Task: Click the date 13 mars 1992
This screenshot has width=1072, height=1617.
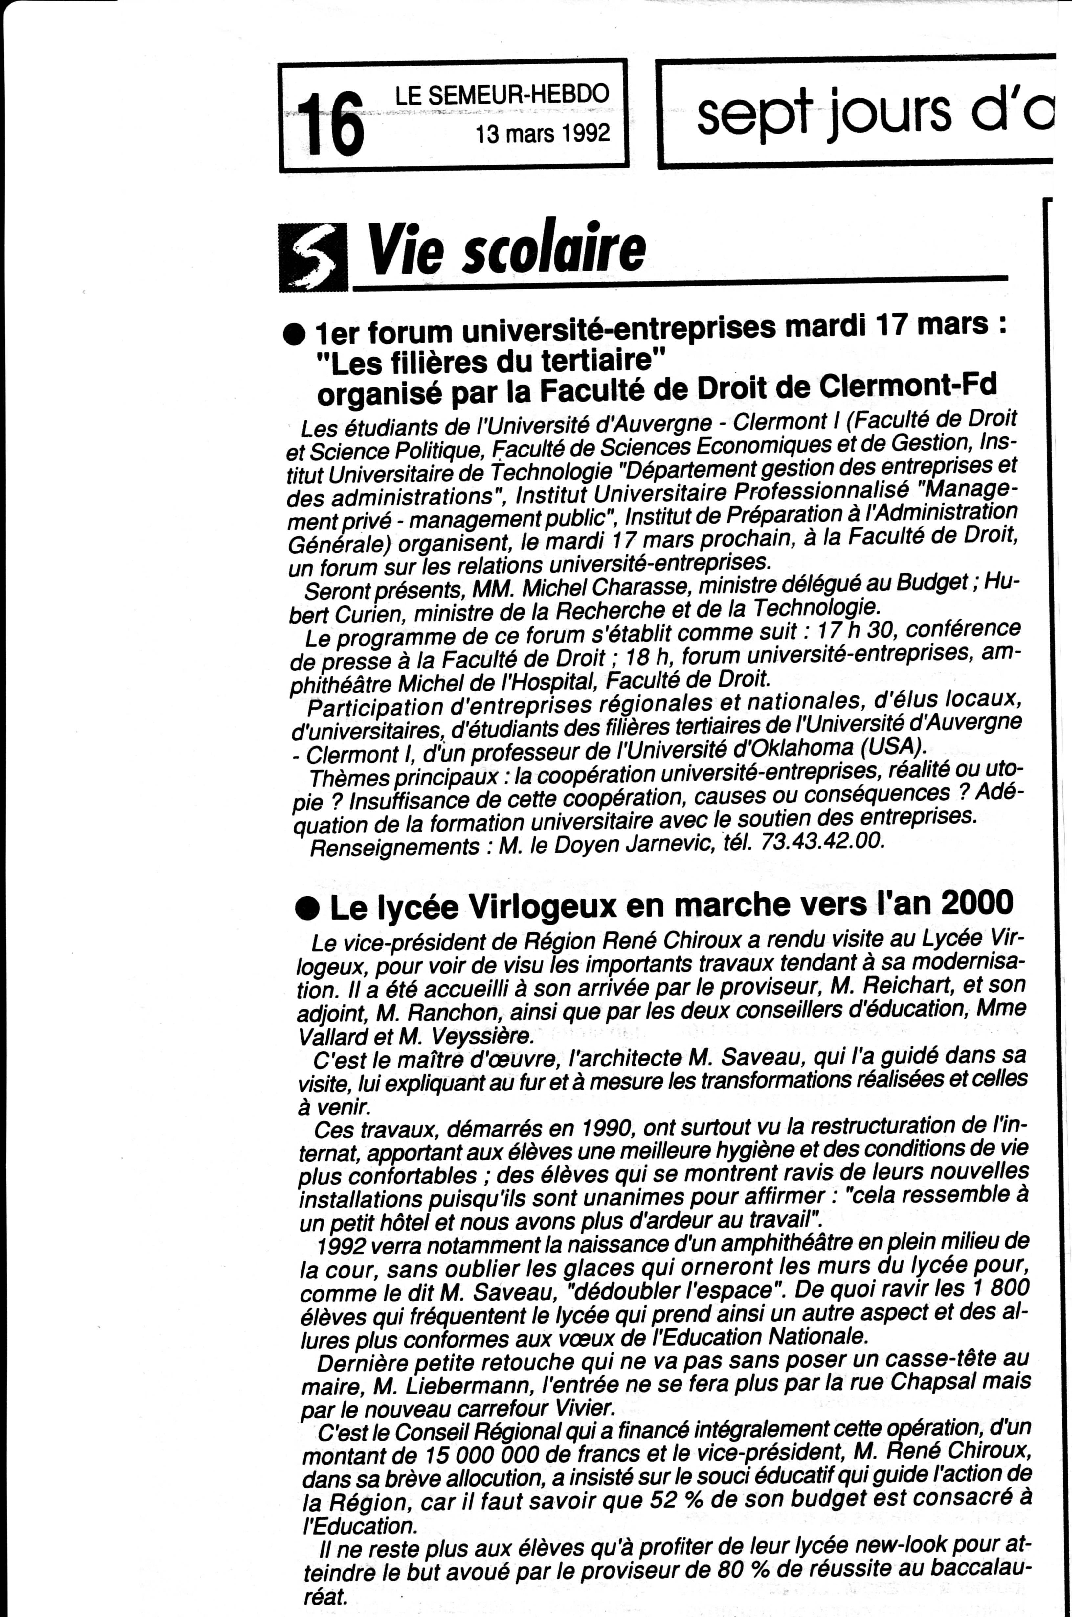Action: tap(542, 132)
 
